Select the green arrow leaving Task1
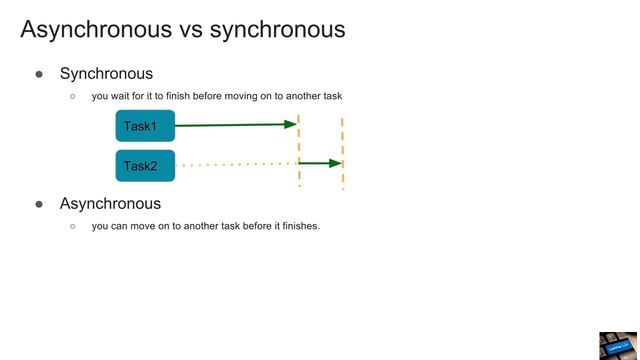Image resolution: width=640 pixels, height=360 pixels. click(235, 125)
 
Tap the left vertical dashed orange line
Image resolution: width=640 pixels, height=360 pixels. click(299, 150)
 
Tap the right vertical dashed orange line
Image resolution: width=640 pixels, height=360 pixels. click(343, 150)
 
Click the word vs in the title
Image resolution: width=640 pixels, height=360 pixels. click(192, 30)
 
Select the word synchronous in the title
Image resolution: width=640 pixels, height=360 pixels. click(278, 30)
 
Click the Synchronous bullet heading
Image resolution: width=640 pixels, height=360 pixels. click(106, 74)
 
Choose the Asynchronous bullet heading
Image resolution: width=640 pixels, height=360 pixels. click(110, 204)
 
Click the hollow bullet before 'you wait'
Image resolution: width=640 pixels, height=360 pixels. click(73, 97)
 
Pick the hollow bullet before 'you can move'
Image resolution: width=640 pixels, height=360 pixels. click(73, 227)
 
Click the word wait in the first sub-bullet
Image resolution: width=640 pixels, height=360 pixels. click(124, 97)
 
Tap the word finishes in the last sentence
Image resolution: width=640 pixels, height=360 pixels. click(298, 226)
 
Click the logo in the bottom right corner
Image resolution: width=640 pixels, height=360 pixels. click(618, 345)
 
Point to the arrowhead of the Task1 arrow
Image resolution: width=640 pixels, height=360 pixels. click(292, 124)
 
